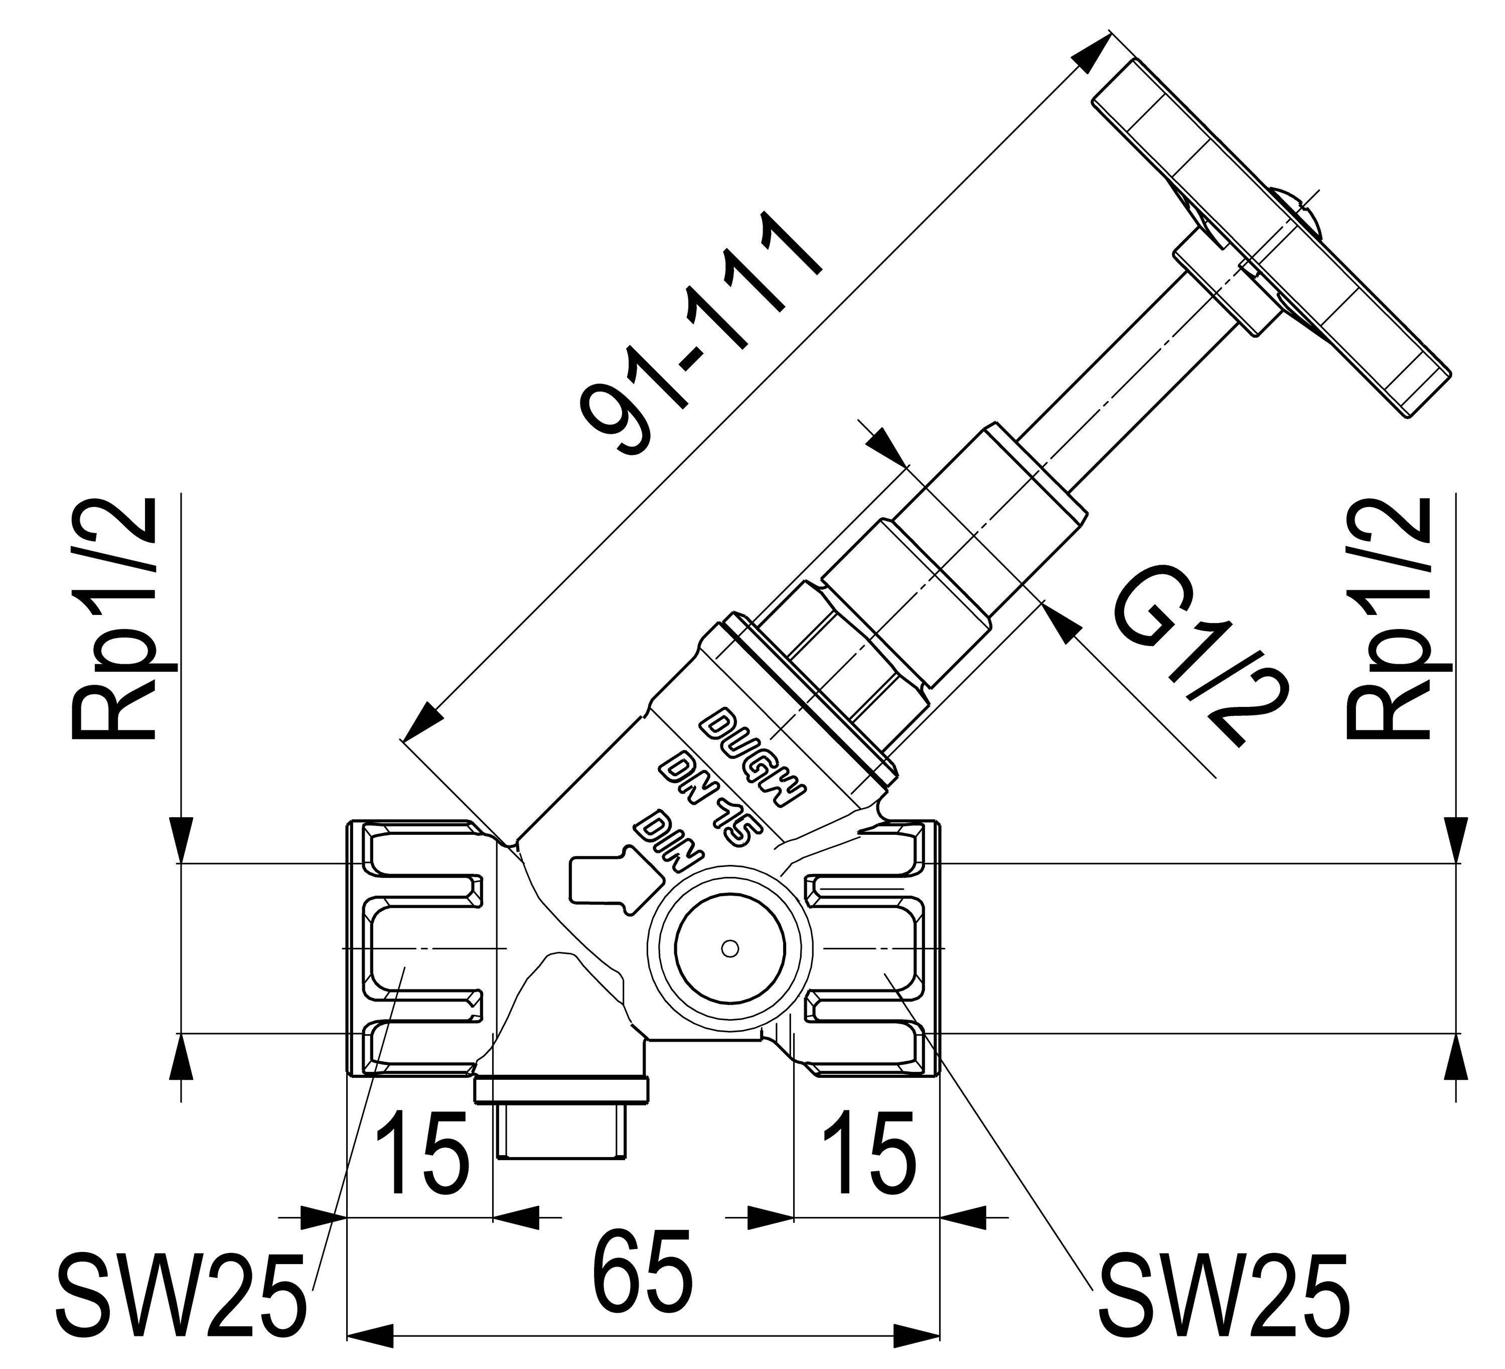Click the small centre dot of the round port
[730, 948]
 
